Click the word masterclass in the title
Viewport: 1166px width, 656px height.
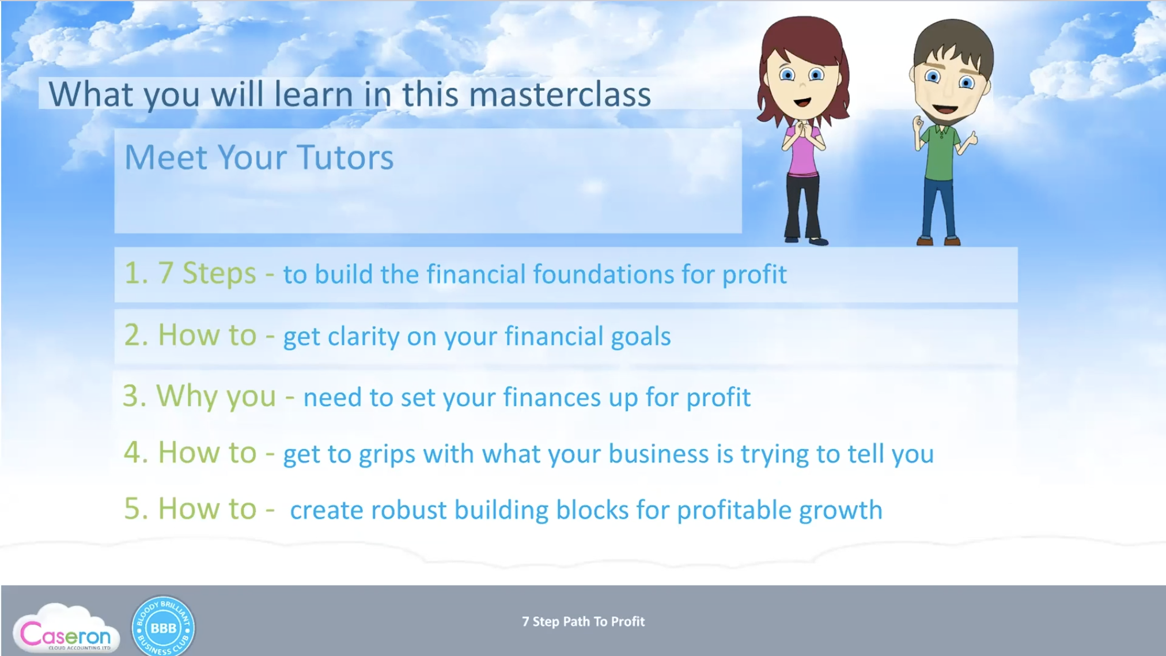pos(559,95)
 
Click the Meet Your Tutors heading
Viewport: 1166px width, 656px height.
pos(259,157)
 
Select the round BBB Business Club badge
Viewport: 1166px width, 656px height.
pos(163,627)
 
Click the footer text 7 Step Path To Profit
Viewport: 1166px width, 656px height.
pos(583,621)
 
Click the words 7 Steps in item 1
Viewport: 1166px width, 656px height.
pos(207,273)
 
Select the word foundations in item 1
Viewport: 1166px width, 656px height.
pos(603,274)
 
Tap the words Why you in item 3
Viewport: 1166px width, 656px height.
pos(216,397)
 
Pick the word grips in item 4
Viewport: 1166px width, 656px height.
pos(387,455)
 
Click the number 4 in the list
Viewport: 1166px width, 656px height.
pos(132,452)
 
